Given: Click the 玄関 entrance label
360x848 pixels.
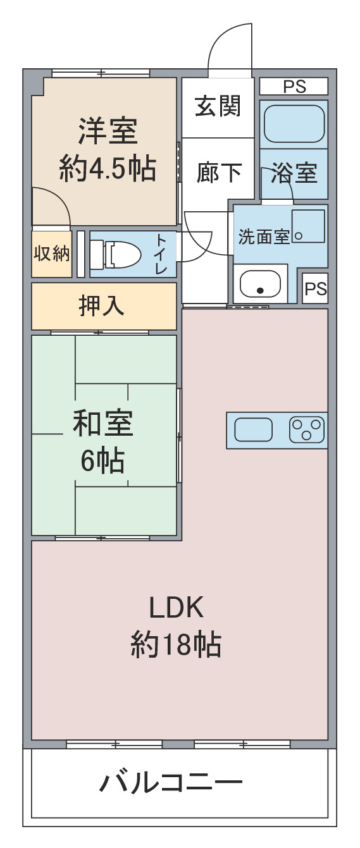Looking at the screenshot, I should tap(218, 106).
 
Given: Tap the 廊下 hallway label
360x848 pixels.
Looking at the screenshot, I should tap(219, 172).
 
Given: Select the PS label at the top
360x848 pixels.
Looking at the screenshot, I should tap(294, 87).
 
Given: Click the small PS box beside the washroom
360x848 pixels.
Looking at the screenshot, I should tap(315, 289).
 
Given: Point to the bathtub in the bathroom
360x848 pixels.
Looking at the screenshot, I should tap(294, 124).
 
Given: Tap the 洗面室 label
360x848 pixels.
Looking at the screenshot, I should tap(263, 237).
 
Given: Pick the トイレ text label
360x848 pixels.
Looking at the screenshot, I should tap(162, 254).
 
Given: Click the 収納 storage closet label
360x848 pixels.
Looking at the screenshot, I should tap(51, 254).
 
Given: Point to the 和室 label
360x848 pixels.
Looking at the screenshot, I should tap(102, 424).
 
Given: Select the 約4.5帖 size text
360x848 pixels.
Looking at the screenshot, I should tap(108, 169).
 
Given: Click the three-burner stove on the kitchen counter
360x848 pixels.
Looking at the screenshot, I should tap(307, 431).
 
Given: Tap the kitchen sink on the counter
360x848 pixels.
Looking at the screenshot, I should tap(253, 431).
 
